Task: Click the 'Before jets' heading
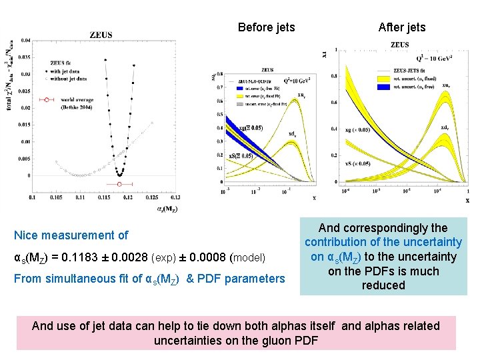[266, 27]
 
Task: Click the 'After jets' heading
[401, 27]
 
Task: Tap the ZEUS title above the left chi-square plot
[101, 35]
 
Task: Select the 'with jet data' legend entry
[67, 71]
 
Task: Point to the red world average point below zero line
[119, 183]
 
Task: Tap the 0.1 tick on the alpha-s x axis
[32, 198]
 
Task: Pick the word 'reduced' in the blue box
[383, 285]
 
